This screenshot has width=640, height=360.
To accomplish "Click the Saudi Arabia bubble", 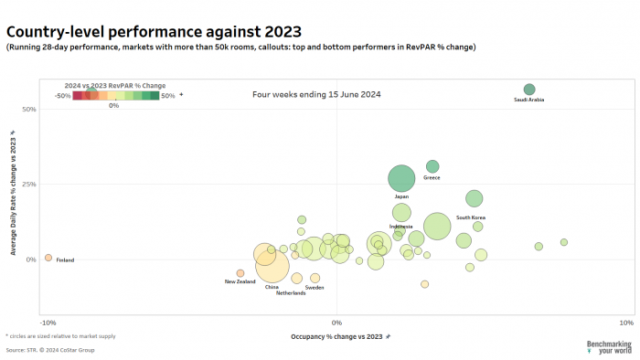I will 528,89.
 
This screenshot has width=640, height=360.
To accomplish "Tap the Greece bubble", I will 432,166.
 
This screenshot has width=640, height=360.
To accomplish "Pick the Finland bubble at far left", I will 48,258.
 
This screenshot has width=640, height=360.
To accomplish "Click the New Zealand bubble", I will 240,273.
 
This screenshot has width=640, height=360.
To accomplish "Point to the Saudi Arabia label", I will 528,100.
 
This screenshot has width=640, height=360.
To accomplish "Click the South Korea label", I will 471,217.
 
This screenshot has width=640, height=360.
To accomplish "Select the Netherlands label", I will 291,293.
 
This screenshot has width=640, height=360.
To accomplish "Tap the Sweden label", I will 315,288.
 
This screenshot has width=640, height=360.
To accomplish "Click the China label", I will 272,287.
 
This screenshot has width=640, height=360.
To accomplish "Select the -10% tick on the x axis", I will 48,323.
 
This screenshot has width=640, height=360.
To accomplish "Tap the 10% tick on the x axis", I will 625,323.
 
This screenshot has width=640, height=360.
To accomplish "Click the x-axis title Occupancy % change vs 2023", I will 336,337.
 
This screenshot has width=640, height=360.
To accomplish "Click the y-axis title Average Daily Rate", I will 13,193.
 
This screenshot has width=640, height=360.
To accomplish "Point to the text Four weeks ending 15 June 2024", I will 316,94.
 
